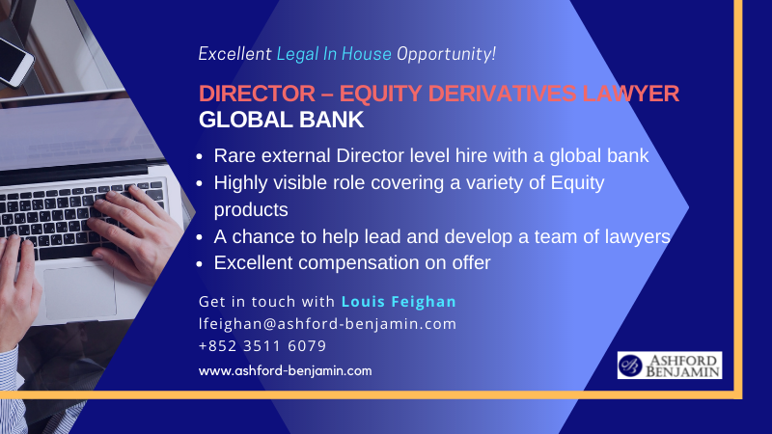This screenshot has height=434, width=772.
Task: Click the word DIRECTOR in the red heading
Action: pos(257,94)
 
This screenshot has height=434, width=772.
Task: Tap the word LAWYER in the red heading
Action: pos(631,94)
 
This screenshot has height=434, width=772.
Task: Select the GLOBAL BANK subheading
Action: pos(281,120)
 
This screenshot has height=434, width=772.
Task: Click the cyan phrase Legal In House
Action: pos(334,54)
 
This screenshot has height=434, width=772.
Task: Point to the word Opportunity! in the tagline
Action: pos(446,54)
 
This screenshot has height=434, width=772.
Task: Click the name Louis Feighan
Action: pos(399,301)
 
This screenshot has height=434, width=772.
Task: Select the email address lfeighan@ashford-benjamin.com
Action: pos(327,324)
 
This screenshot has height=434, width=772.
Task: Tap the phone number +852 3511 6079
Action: pos(262,346)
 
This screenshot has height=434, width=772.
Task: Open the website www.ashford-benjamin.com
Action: pos(285,370)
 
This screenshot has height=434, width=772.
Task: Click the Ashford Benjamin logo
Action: pos(670,366)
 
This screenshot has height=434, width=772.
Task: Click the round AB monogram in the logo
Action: pos(631,366)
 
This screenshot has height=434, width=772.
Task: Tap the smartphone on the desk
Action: pos(14,59)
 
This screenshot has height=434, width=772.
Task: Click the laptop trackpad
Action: pos(80,293)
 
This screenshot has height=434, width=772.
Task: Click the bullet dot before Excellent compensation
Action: pos(200,264)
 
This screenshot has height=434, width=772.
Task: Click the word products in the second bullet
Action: pos(251,210)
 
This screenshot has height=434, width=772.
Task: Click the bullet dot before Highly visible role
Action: pos(200,184)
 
